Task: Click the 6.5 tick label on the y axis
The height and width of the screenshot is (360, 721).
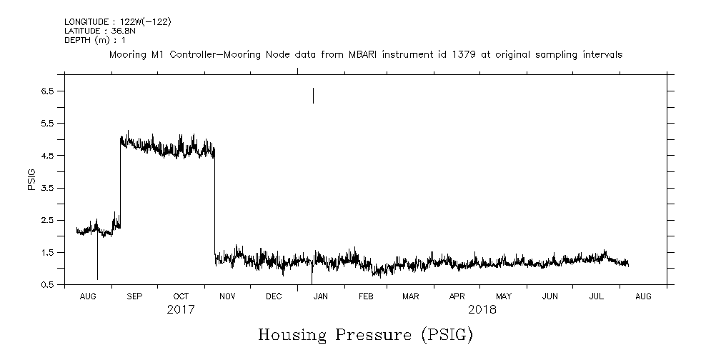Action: [48, 91]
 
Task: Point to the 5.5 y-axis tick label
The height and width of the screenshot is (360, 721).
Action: [48, 123]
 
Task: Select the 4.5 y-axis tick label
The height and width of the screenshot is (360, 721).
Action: [48, 155]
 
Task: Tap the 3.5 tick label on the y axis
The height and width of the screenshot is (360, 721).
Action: [48, 188]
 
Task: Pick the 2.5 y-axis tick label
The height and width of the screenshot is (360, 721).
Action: [48, 220]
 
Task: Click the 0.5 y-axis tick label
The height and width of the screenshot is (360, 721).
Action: [48, 284]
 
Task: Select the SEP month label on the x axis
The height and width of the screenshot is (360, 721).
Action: [134, 296]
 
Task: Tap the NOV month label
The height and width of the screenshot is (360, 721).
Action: [227, 296]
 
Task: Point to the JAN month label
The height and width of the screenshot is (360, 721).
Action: [321, 296]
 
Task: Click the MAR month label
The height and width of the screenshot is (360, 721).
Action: [410, 296]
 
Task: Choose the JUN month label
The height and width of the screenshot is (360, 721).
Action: [550, 296]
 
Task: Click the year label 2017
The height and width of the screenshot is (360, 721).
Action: [181, 310]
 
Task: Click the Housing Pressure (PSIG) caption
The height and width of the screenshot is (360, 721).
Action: [365, 334]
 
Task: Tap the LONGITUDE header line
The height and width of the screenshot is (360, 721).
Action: [117, 21]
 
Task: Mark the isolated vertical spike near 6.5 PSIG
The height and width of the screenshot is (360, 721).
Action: [313, 95]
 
